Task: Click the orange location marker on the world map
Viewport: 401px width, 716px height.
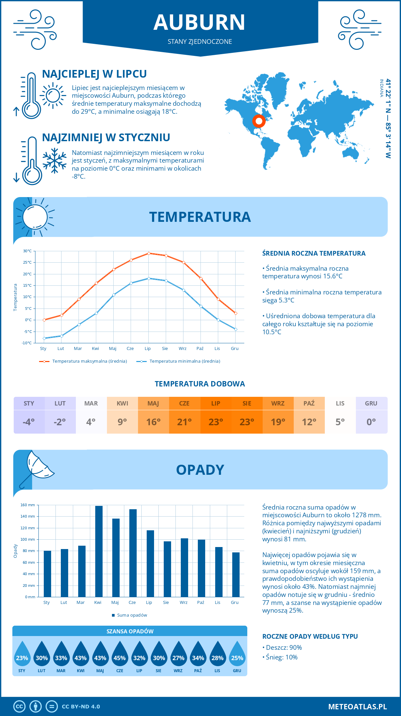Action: pyautogui.click(x=259, y=121)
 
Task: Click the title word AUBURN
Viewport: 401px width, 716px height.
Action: pyautogui.click(x=199, y=22)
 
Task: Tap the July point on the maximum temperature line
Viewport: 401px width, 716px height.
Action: pyautogui.click(x=149, y=253)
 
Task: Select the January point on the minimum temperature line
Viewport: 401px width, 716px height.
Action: pyautogui.click(x=44, y=338)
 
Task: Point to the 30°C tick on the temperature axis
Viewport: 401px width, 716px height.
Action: pyautogui.click(x=27, y=251)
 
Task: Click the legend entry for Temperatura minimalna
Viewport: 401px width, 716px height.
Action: pyautogui.click(x=178, y=361)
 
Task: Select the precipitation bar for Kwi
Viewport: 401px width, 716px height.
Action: pyautogui.click(x=99, y=551)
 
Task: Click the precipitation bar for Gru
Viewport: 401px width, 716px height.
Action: pyautogui.click(x=236, y=574)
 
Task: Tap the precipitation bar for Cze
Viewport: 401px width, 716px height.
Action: pyautogui.click(x=133, y=553)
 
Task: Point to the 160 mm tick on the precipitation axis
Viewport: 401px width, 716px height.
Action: pyautogui.click(x=28, y=505)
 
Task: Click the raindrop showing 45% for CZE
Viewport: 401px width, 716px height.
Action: pyautogui.click(x=120, y=655)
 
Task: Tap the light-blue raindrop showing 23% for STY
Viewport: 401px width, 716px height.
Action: pyautogui.click(x=22, y=655)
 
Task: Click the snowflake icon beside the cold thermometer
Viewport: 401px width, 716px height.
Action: pyautogui.click(x=54, y=161)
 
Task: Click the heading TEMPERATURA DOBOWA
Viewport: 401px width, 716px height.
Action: pyautogui.click(x=200, y=384)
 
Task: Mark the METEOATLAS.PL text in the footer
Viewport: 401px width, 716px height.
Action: pyautogui.click(x=357, y=707)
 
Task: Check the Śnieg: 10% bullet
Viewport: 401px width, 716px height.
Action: pyautogui.click(x=281, y=657)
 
